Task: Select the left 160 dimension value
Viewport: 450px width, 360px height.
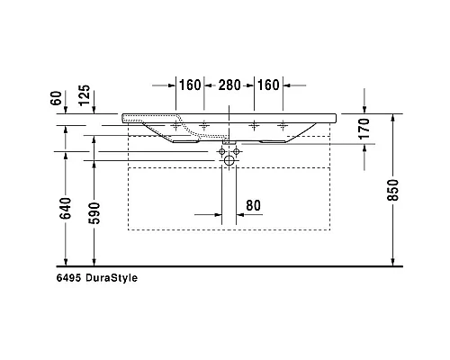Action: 189,85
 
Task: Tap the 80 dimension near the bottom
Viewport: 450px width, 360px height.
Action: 253,205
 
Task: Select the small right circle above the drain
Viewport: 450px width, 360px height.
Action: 238,152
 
